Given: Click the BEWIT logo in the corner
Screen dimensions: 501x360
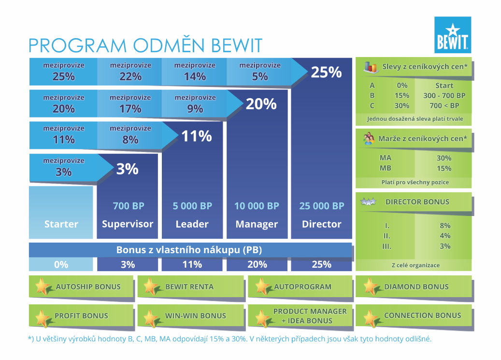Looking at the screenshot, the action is pyautogui.click(x=452, y=35).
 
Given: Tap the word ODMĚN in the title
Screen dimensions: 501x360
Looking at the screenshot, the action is pyautogui.click(x=169, y=45).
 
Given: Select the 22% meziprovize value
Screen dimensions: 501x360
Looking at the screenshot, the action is pyautogui.click(x=130, y=76).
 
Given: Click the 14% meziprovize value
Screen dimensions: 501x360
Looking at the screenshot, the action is pyautogui.click(x=195, y=76).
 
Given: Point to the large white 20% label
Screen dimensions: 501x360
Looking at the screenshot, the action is pyautogui.click(x=261, y=104).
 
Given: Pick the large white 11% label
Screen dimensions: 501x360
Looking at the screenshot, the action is pyautogui.click(x=197, y=136).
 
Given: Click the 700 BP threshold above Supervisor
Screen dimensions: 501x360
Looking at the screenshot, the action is pyautogui.click(x=129, y=206).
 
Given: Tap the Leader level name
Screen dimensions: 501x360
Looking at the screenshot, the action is pyautogui.click(x=192, y=224).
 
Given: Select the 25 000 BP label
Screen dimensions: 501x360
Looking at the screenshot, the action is pyautogui.click(x=322, y=206).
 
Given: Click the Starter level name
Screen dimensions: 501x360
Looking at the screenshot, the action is pyautogui.click(x=61, y=224).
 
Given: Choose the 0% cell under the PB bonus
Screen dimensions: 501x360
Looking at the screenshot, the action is pyautogui.click(x=61, y=264).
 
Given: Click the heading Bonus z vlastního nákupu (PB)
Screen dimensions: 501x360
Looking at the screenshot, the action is pyautogui.click(x=189, y=250).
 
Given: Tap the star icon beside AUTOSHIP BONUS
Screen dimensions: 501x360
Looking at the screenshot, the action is pyautogui.click(x=43, y=287).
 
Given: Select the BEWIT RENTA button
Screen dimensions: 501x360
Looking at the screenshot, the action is pyautogui.click(x=191, y=287).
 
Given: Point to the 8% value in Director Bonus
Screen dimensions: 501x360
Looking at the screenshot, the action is pyautogui.click(x=445, y=226).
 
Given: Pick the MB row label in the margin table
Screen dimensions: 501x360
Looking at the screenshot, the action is pyautogui.click(x=386, y=168).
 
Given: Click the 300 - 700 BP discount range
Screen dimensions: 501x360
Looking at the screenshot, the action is pyautogui.click(x=444, y=96).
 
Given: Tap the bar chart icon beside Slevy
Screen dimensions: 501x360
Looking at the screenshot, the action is pyautogui.click(x=371, y=67).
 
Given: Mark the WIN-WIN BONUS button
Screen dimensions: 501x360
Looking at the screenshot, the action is pyautogui.click(x=191, y=316).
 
